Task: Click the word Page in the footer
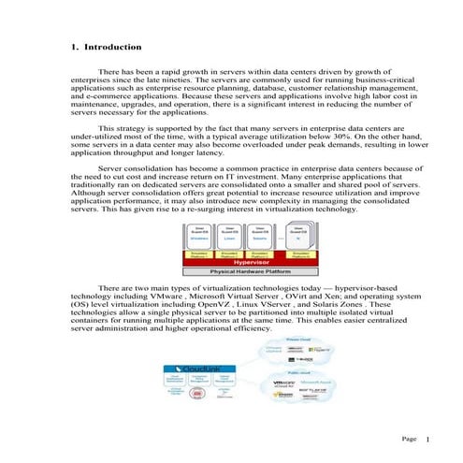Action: coord(408,439)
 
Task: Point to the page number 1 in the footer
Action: coord(427,439)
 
